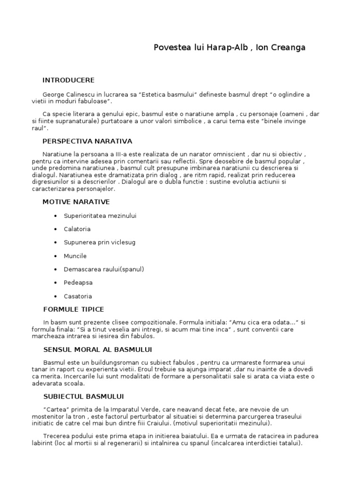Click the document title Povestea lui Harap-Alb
pos(230,48)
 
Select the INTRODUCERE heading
pos(68,80)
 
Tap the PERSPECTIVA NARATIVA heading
pos(87,141)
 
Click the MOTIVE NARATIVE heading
pos(76,202)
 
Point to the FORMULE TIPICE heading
pos(73,309)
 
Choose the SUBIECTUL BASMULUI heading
pos(83,397)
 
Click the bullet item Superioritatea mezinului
pos(100,216)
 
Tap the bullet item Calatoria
pos(77,229)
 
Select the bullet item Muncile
pos(75,256)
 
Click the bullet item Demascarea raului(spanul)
pos(104,269)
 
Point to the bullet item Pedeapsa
pos(78,283)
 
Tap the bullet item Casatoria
pos(78,296)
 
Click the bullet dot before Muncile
pos(56,256)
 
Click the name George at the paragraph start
pos(53,94)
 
